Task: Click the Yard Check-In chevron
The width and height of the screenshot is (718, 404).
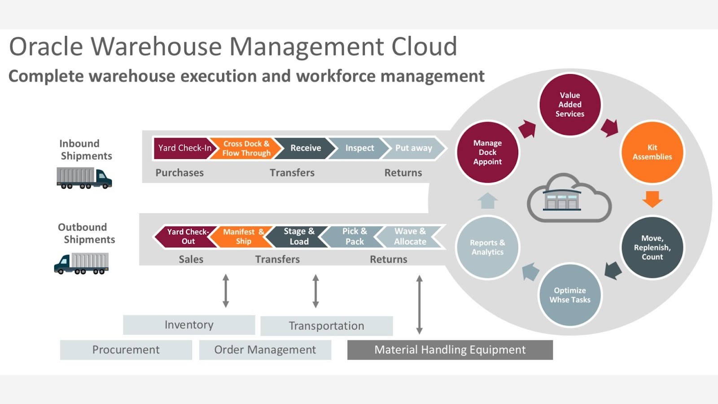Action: [183, 148]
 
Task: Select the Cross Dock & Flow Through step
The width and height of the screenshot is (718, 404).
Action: [246, 148]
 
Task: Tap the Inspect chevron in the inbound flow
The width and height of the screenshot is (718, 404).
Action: [359, 148]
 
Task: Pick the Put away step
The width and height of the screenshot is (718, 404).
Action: [413, 148]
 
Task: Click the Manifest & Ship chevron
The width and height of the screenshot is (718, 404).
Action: [243, 237]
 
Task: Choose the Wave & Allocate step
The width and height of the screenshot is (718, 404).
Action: [410, 237]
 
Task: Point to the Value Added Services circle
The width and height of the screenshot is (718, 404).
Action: [570, 105]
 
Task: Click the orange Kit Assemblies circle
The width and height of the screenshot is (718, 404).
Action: [652, 152]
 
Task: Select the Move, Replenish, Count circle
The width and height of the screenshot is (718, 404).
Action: [652, 247]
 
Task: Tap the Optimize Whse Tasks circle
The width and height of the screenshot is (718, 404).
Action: [570, 295]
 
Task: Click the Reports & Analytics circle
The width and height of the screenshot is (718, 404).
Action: [487, 247]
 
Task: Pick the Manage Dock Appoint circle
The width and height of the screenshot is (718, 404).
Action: [487, 152]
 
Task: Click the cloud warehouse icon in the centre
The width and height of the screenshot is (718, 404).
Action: [569, 199]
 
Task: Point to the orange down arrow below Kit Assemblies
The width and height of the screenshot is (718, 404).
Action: [652, 198]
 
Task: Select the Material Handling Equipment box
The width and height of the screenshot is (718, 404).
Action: [450, 350]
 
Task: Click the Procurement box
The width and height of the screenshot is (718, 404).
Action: [126, 350]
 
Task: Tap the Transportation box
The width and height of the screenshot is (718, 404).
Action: [326, 326]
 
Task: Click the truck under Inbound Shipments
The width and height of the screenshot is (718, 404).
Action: [84, 178]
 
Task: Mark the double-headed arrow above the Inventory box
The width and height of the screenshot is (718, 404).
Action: [226, 291]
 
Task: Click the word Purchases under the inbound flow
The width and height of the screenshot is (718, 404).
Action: [179, 173]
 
